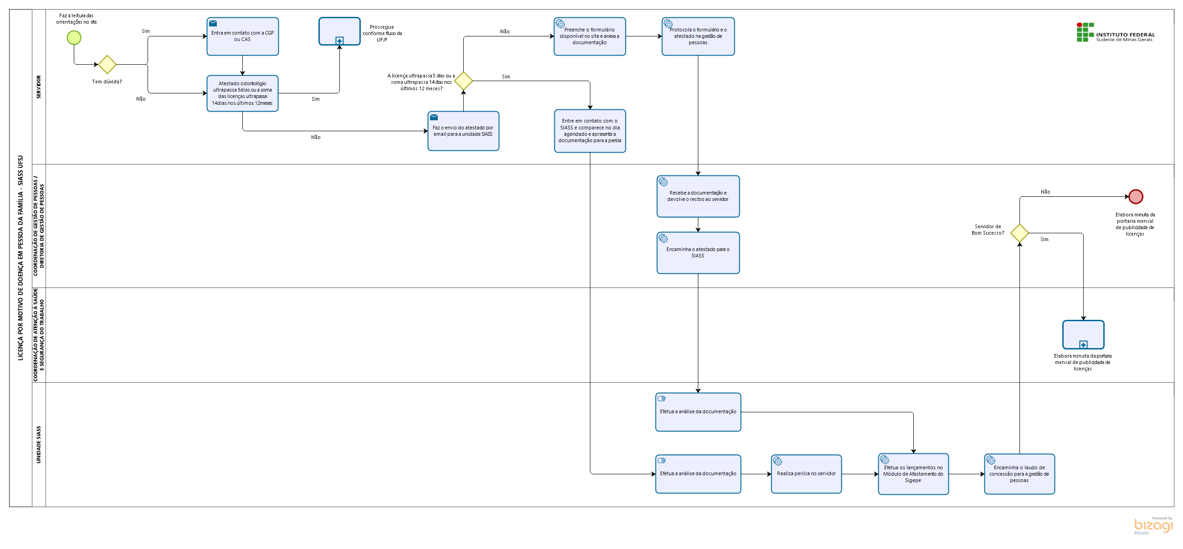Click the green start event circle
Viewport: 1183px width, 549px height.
point(74,38)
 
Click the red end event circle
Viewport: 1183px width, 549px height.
point(1136,197)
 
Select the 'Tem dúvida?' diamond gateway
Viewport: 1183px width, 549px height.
point(107,64)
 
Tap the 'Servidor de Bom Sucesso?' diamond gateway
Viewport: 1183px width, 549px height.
point(1019,233)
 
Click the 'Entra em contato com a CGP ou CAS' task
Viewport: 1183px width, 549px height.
point(242,36)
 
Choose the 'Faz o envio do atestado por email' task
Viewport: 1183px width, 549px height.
point(463,131)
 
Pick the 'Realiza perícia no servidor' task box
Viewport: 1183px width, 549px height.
point(806,474)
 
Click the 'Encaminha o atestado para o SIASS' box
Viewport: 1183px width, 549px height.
point(698,253)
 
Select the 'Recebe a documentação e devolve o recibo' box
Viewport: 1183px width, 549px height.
point(698,196)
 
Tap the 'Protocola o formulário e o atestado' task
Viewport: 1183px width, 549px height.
point(698,36)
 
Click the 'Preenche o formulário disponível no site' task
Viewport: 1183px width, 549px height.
point(589,36)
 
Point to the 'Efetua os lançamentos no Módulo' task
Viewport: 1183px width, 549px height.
point(913,474)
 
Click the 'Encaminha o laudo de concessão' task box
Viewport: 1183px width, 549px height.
point(1019,474)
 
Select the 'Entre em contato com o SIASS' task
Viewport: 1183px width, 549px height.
point(590,131)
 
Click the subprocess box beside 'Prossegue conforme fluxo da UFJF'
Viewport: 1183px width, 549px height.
point(339,31)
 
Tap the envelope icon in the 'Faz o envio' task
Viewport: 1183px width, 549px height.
point(434,118)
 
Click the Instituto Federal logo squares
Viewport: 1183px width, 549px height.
point(1085,32)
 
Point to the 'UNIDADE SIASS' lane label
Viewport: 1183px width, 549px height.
point(39,444)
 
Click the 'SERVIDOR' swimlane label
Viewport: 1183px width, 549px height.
point(39,87)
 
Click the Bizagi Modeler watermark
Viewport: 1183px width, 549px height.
point(1153,525)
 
